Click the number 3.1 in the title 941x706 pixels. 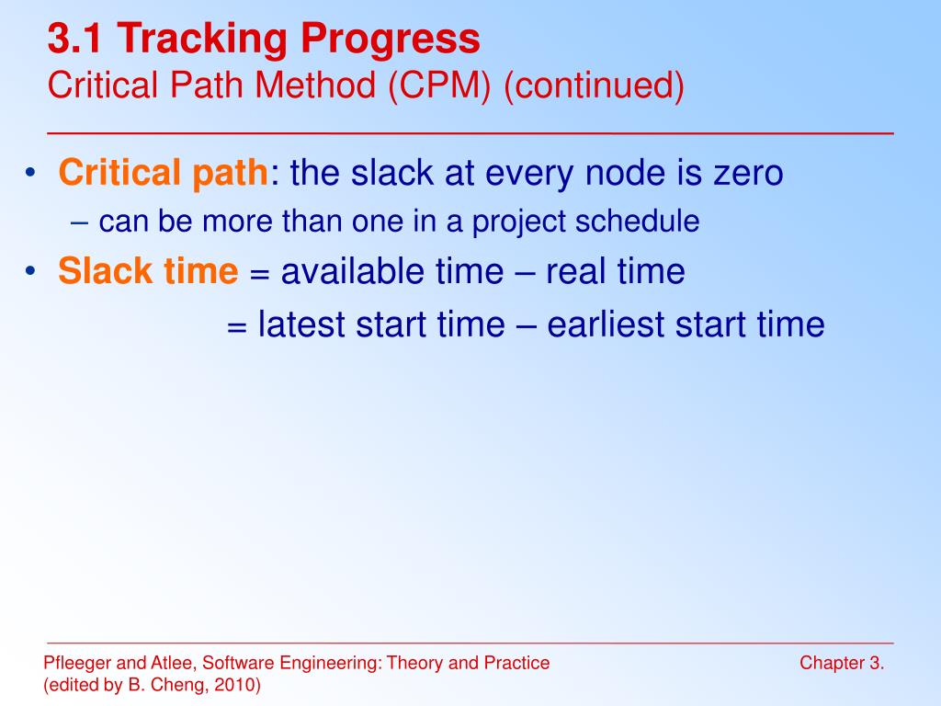click(74, 39)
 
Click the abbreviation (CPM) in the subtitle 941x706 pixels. click(439, 85)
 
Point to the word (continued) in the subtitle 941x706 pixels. click(594, 85)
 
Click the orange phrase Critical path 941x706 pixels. click(164, 174)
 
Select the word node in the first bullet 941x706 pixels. click(625, 174)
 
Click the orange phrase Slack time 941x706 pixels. click(148, 271)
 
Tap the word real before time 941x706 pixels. click(575, 271)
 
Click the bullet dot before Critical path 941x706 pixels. click(30, 174)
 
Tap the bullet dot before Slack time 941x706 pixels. click(30, 271)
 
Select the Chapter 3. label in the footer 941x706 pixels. click(842, 663)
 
